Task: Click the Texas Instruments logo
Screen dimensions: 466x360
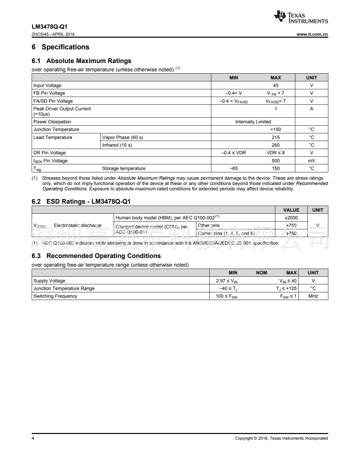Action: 301,17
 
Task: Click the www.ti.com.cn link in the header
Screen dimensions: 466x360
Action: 312,34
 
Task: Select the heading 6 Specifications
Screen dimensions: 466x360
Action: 60,47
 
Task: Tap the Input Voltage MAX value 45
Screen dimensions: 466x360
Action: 276,85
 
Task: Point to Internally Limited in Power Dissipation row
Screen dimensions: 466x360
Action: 253,122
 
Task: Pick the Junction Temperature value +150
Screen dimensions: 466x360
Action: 276,129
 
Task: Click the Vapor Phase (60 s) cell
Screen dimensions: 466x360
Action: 123,137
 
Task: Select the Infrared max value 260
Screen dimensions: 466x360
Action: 276,145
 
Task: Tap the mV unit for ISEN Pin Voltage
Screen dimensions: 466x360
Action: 312,161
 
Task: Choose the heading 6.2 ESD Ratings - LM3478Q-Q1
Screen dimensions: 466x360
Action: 81,202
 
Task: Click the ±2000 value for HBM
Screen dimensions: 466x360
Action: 291,218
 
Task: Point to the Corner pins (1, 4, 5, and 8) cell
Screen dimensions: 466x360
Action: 226,233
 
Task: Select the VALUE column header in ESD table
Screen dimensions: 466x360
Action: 291,210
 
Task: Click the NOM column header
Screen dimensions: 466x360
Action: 261,273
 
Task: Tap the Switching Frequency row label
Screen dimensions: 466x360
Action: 55,296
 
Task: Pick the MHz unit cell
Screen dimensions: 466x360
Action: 313,296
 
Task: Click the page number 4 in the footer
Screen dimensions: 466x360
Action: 33,438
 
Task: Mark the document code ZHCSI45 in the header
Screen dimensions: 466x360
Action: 40,34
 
